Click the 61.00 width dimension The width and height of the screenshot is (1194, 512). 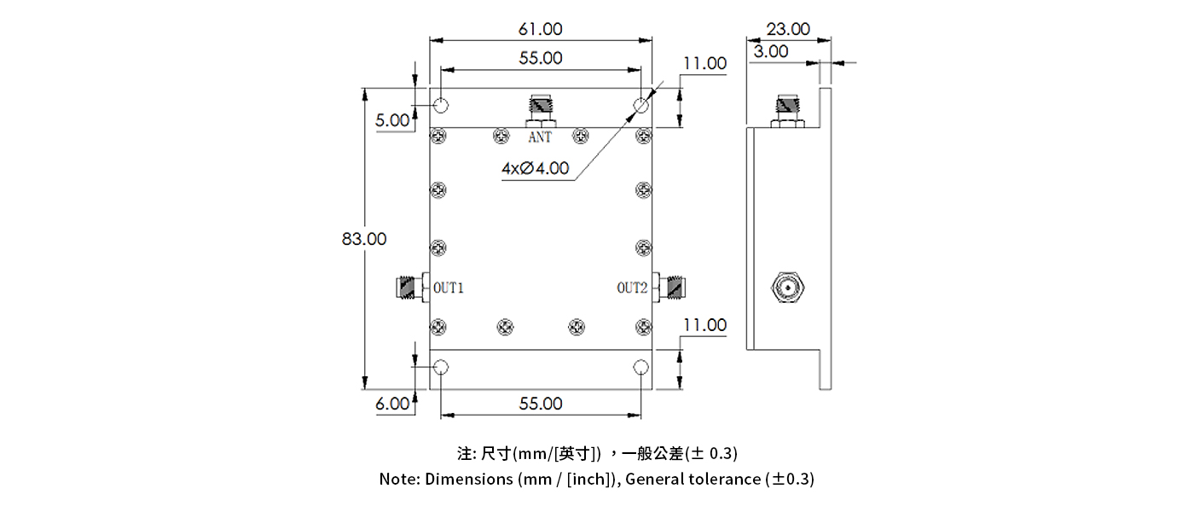point(541,29)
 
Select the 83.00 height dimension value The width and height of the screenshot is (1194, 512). point(364,239)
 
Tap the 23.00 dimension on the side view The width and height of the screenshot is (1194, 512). point(788,29)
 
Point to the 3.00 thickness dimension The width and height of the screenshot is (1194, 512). point(771,51)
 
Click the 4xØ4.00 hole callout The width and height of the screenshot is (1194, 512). point(535,168)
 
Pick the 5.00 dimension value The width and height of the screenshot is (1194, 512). point(393,120)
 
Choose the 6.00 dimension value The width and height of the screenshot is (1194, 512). point(393,404)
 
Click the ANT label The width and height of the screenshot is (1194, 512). point(540,137)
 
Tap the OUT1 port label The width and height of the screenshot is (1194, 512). point(449,288)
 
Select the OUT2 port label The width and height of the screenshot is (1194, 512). point(633,288)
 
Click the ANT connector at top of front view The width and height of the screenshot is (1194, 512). point(541,112)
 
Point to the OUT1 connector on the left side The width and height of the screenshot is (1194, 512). point(412,289)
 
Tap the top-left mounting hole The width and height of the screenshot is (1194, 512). point(441,106)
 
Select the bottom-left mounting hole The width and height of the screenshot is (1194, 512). point(441,367)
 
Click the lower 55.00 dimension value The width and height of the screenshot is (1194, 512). point(541,404)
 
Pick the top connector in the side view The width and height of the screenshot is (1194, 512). point(786,111)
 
